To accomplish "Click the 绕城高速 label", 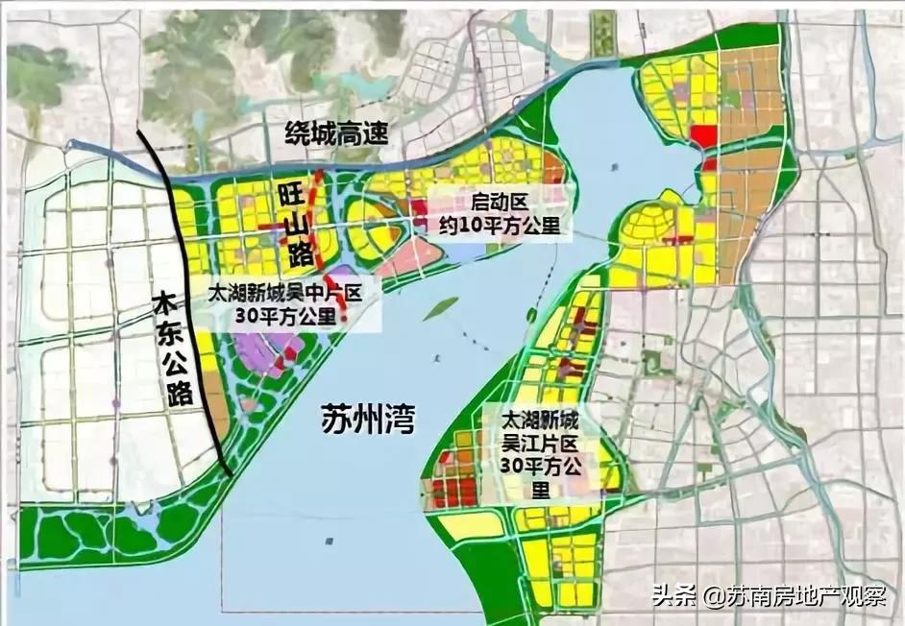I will coord(336,133).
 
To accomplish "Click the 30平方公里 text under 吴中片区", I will coord(290,317).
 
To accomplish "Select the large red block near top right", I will coord(703,136).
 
